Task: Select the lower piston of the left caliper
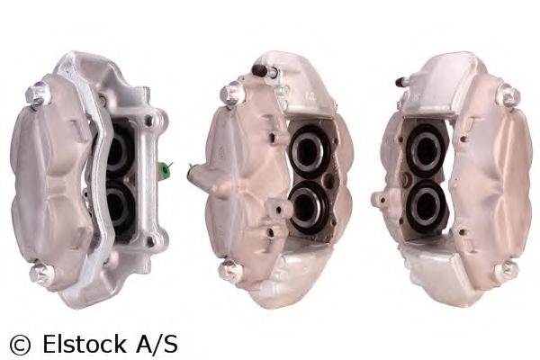[x=121, y=202]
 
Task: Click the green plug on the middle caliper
[x=193, y=167]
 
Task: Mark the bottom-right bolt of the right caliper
[x=508, y=270]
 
